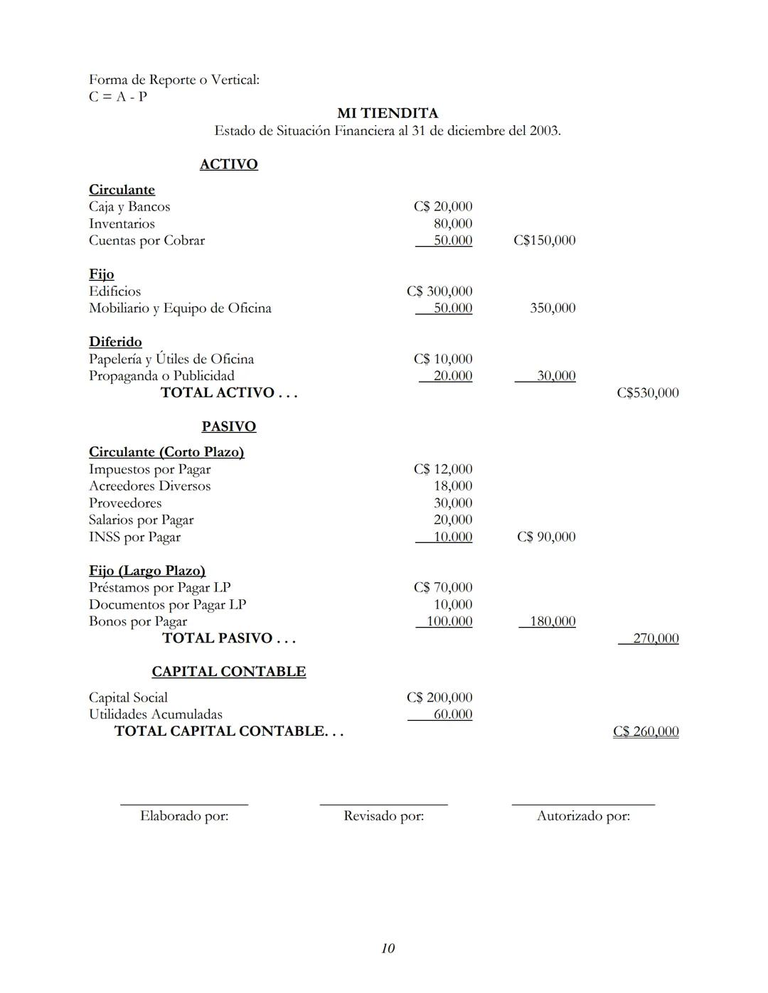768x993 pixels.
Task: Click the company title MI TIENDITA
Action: coord(388,114)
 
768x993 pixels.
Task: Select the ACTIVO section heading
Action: coord(228,164)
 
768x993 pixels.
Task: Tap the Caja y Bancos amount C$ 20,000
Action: coord(442,207)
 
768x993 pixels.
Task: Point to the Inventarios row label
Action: coord(122,224)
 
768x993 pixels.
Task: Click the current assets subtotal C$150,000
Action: coord(544,240)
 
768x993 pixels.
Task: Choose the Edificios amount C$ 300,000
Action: coord(439,291)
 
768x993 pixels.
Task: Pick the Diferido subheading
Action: coord(115,342)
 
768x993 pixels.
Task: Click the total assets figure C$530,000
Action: coord(647,393)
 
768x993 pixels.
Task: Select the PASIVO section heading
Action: coord(228,426)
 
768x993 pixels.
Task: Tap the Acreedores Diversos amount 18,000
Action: coord(452,486)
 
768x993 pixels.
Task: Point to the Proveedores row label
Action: coord(125,503)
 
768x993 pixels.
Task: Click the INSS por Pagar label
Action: coord(134,537)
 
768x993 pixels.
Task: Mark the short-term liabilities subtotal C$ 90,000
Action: coord(545,537)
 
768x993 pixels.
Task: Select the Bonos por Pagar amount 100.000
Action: coord(449,621)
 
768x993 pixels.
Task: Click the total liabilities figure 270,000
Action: coord(655,638)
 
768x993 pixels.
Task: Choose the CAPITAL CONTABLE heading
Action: coord(228,672)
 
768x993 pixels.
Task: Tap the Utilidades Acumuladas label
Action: coord(155,714)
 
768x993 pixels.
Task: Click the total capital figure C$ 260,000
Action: coord(645,731)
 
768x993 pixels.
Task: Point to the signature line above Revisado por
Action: coord(383,805)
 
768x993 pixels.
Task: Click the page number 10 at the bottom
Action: coord(388,948)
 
